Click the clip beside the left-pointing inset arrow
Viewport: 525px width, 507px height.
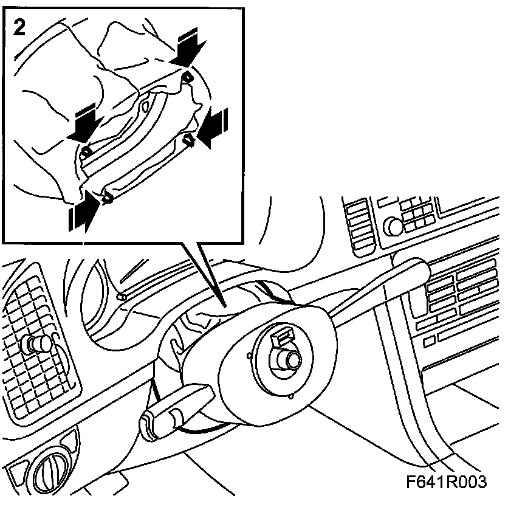[x=189, y=140]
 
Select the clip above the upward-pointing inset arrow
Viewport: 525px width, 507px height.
[x=108, y=196]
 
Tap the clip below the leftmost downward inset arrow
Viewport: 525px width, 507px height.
[x=87, y=150]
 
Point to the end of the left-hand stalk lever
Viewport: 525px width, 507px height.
[x=149, y=421]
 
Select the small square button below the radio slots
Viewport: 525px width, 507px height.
[x=429, y=342]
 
